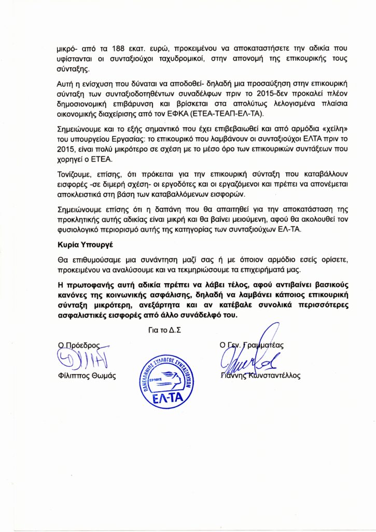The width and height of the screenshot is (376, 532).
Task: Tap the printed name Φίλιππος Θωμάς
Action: [x=85, y=376]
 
